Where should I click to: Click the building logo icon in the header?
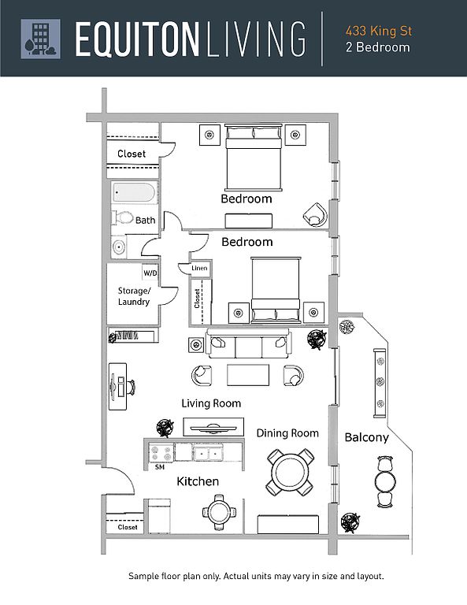(x=40, y=39)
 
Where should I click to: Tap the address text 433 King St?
(x=379, y=31)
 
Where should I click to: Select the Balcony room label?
(x=366, y=437)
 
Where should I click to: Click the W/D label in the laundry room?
(x=150, y=273)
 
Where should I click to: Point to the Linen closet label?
(x=199, y=268)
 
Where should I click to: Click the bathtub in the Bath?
(x=135, y=192)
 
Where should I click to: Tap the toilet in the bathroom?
(x=123, y=217)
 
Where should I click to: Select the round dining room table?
(x=290, y=473)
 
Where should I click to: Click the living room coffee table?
(x=248, y=375)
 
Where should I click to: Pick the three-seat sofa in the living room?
(x=248, y=343)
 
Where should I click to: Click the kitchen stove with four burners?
(x=161, y=454)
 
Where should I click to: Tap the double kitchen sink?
(x=208, y=453)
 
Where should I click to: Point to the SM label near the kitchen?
(x=160, y=467)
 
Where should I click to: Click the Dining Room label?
(x=287, y=433)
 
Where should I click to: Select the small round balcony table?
(x=385, y=481)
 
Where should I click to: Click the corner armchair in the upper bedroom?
(x=316, y=214)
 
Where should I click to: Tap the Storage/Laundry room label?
(x=134, y=296)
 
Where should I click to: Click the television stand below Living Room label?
(x=213, y=427)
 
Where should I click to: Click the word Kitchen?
(x=198, y=481)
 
